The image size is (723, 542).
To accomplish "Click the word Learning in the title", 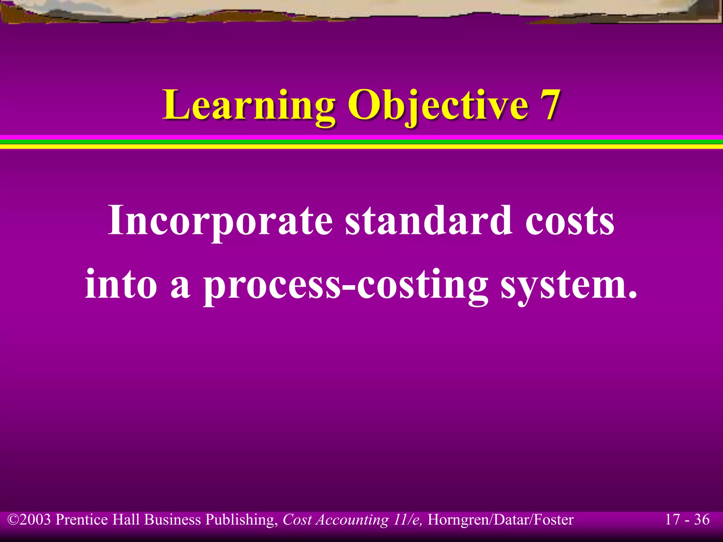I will [x=249, y=105].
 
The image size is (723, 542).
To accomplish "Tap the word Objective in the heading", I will [x=438, y=105].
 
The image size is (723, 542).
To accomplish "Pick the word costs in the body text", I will [x=570, y=221].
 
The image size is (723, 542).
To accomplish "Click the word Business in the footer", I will [x=173, y=520].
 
